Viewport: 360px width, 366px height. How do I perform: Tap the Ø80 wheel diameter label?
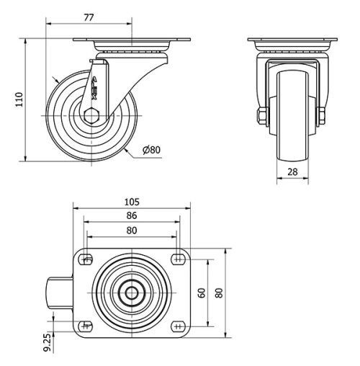tap(151, 150)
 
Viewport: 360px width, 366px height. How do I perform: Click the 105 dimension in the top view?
tap(132, 202)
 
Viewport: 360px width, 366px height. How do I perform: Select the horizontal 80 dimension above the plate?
tap(132, 230)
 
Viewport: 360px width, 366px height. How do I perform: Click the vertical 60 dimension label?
tap(202, 292)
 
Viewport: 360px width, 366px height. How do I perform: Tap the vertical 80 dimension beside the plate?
tap(219, 292)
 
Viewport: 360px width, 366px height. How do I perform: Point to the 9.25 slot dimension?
tap(47, 341)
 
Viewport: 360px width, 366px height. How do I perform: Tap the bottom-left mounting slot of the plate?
tap(86, 324)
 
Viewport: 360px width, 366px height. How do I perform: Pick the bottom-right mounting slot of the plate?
tap(178, 324)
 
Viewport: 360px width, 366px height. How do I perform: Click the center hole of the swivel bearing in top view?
tap(132, 292)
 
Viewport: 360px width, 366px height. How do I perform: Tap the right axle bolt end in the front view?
tap(321, 115)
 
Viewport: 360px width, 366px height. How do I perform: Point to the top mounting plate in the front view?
tap(292, 41)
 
